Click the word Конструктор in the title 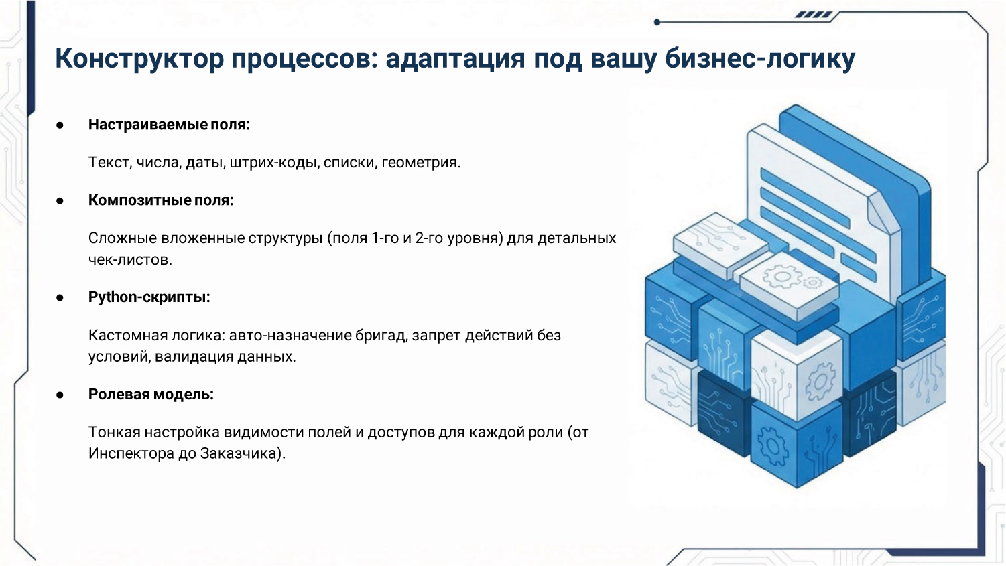tap(139, 58)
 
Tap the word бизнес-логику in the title tap(760, 58)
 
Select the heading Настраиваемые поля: tap(169, 125)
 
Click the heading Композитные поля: tap(161, 200)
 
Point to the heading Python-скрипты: tap(149, 297)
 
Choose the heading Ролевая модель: tap(151, 395)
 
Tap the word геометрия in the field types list tap(421, 163)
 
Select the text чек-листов tap(130, 260)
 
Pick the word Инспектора tap(131, 454)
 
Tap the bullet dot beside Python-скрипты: tap(60, 298)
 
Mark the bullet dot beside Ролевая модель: tap(60, 395)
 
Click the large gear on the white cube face tap(820, 382)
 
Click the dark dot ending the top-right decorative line tap(657, 22)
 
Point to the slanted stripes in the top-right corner tap(814, 15)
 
